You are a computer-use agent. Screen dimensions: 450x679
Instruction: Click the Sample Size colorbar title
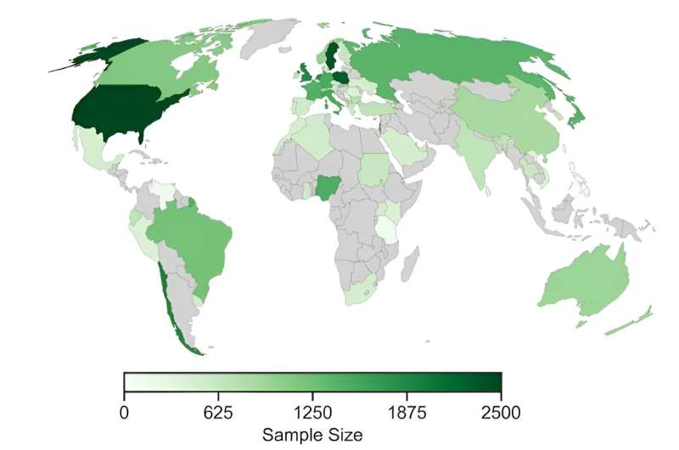pos(312,435)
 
